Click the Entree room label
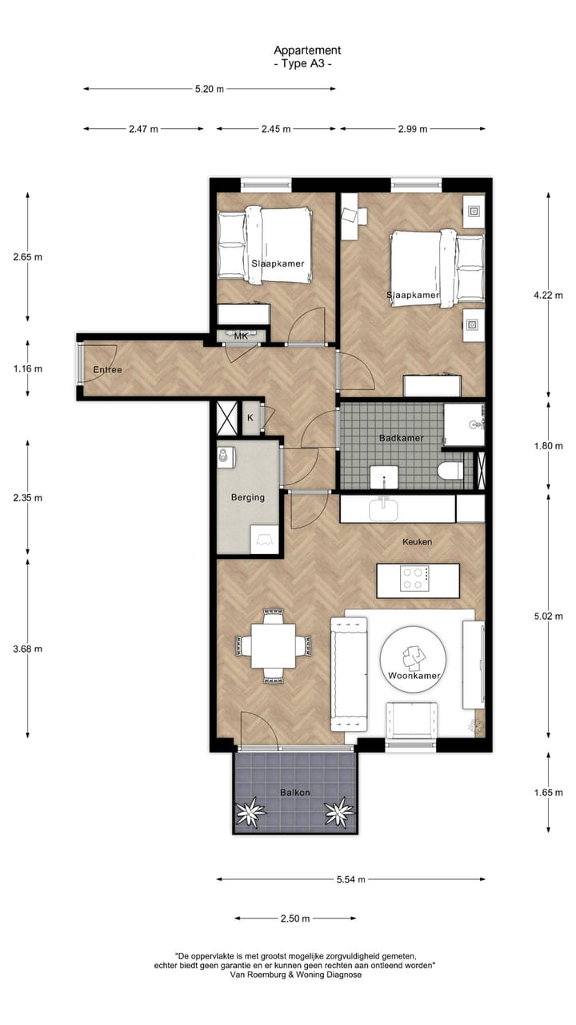pos(107,370)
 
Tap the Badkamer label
pos(401,438)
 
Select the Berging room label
pos(247,497)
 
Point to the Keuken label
pos(417,542)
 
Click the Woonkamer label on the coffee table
pos(414,676)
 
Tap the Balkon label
pos(294,793)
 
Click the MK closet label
pos(241,336)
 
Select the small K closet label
pos(250,418)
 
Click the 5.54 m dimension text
pos(350,879)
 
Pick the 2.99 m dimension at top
pos(413,129)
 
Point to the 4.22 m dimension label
pos(549,294)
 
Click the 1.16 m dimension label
pos(28,369)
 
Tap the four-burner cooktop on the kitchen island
pos(414,579)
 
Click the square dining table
pos(274,645)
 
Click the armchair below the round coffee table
pos(411,720)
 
